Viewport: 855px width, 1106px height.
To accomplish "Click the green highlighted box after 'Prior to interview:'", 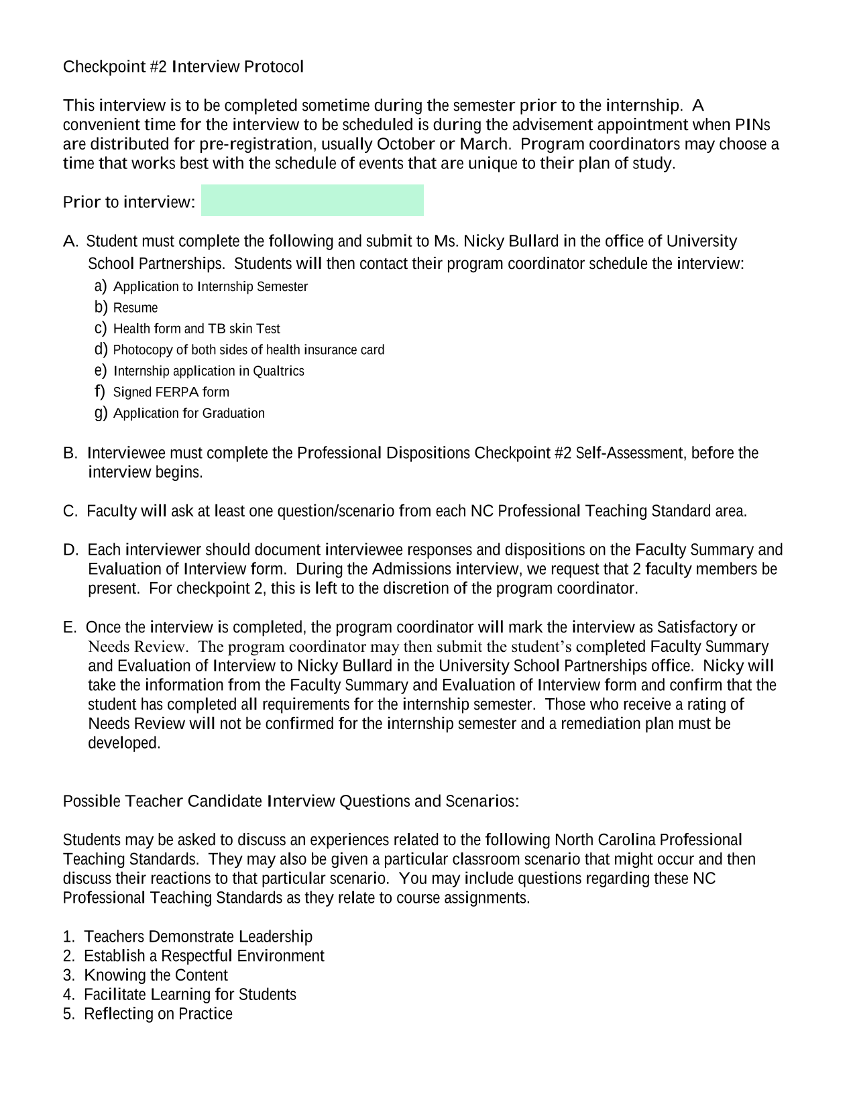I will tap(312, 200).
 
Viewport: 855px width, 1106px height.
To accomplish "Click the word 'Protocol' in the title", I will tap(274, 66).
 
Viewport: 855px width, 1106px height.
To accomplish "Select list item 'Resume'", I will tap(135, 308).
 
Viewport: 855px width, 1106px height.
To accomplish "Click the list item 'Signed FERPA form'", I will tap(171, 392).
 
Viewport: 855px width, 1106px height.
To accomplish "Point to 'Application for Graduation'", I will tap(188, 413).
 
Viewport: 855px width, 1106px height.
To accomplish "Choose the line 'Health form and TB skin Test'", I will tap(196, 329).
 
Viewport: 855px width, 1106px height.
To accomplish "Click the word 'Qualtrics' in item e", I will tap(278, 371).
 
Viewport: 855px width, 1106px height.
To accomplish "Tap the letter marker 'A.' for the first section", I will tap(71, 241).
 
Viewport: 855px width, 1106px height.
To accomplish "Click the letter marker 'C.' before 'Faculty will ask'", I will tap(70, 511).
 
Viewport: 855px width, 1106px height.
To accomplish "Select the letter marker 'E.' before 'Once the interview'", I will tap(70, 627).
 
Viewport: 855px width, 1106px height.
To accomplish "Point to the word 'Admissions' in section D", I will tap(411, 569).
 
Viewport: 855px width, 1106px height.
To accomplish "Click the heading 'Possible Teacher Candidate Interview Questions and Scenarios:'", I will tap(291, 801).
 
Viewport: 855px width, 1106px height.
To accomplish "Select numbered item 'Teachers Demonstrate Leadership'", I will tap(198, 936).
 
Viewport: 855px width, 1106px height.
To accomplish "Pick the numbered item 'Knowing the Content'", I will tap(156, 975).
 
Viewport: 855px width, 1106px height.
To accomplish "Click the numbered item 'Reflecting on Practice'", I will tap(158, 1013).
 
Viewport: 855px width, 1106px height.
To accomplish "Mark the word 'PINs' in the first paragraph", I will tap(752, 125).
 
